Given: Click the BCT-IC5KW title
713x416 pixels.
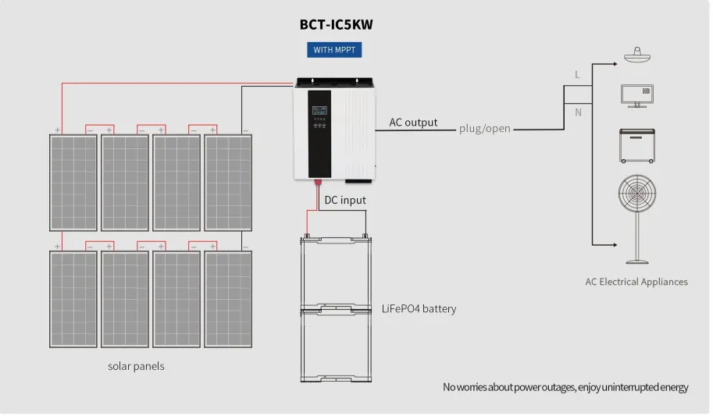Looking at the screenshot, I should coord(337,24).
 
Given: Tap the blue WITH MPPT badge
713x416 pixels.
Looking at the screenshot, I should coord(334,50).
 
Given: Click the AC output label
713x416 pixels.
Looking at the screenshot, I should coord(413,123).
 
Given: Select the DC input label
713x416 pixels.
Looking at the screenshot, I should coord(345,200).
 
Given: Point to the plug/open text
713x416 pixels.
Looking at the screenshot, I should coord(485,128).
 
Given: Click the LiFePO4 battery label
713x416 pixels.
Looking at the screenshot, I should coord(419,308).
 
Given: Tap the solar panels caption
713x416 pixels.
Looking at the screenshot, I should coord(136,365).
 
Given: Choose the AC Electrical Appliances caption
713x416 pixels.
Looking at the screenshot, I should coord(636,281).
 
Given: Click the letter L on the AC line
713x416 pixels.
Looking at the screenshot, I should coord(577,75).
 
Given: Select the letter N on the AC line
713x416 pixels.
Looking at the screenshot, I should coord(577,112).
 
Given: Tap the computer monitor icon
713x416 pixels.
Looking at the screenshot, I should coord(636,95).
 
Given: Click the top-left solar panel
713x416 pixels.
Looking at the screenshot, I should coord(73,182).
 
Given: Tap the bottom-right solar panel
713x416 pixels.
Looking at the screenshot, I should coord(228,298).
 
